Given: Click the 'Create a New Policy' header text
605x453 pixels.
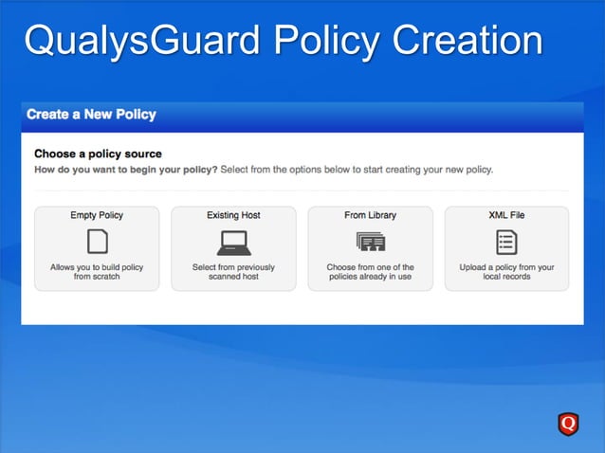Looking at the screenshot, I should point(91,115).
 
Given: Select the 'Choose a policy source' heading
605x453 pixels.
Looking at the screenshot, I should point(98,154).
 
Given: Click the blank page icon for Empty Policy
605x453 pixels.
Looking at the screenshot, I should point(97,242).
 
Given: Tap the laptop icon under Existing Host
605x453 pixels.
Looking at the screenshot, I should point(233,243).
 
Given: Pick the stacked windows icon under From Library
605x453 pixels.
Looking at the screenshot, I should point(370,243).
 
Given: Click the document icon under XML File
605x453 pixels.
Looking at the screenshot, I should point(506,243).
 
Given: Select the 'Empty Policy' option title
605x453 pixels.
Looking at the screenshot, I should point(97,215).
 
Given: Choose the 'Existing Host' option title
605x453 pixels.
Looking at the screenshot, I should point(233,215).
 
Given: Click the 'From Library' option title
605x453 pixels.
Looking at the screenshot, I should point(370,215).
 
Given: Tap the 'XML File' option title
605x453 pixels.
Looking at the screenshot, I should point(506,215).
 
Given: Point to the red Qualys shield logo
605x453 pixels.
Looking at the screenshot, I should point(568,424).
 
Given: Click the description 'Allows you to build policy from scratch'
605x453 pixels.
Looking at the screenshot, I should point(97,272).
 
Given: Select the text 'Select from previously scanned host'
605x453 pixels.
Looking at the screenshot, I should point(233,272).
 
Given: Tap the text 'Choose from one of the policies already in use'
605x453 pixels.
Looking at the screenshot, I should point(370,272).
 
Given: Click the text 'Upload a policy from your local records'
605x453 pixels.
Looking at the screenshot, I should point(506,272).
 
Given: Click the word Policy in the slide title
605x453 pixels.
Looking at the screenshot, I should point(326,41).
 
